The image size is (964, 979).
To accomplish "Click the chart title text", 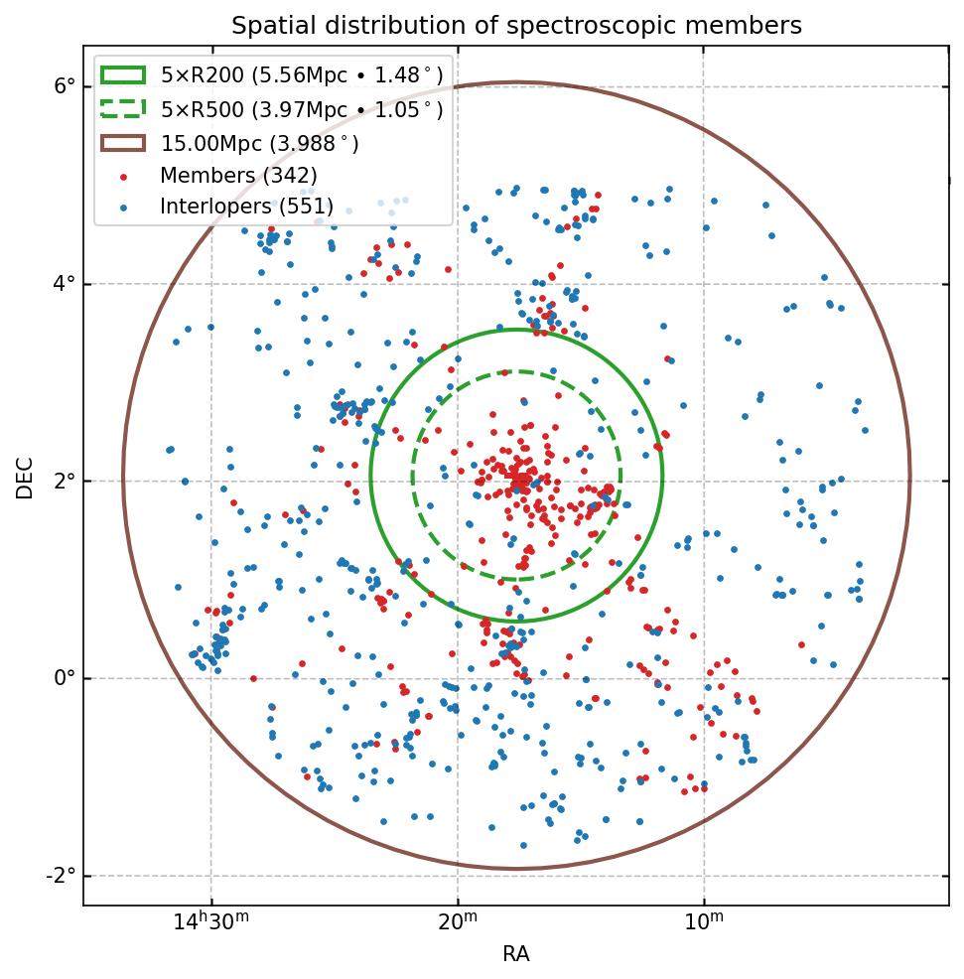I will point(516,25).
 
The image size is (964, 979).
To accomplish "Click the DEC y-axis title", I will point(25,478).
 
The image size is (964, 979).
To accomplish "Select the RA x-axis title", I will point(516,954).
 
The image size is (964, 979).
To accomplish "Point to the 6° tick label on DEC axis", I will point(65,86).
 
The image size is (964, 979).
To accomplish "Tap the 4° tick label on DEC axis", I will point(65,284).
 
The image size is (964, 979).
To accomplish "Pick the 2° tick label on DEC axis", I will point(65,481).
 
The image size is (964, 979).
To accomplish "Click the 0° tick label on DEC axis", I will point(65,678).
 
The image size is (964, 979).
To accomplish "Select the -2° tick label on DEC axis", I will point(61,876).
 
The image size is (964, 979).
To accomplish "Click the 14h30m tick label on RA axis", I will point(210,923).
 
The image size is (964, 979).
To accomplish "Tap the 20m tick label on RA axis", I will point(458,923).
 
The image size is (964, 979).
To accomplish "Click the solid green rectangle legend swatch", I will point(123,74).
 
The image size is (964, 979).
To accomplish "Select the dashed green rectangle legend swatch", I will point(123,108).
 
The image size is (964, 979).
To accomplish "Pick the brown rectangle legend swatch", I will point(123,143).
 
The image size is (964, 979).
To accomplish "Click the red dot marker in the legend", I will point(123,177).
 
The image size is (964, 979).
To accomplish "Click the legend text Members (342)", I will point(238,176).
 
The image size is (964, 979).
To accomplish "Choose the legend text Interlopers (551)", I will point(246,208).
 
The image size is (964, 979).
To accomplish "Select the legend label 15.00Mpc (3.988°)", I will point(260,143).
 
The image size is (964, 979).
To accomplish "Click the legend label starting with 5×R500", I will point(302,109).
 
